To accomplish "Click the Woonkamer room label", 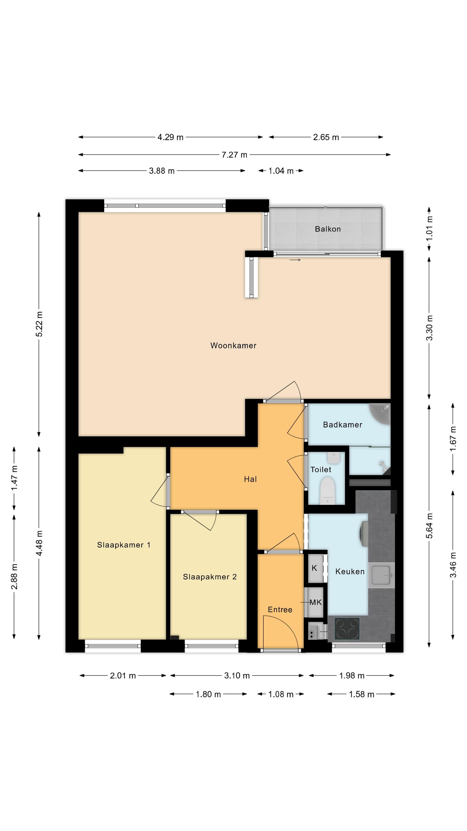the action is (233, 345).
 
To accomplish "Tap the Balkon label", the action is (328, 229).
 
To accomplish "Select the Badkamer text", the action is (343, 425).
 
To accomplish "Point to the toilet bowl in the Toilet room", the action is (328, 491).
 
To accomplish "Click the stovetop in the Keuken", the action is (347, 629).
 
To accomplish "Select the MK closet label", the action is (315, 602).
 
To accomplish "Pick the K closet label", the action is (315, 568).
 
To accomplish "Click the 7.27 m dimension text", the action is (234, 155).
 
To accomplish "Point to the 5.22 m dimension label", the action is (39, 324).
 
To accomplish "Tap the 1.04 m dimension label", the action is (281, 171).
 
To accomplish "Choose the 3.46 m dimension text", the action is (453, 565).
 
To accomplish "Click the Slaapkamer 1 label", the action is (124, 545).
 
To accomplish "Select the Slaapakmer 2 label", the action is (210, 577).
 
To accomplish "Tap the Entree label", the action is (280, 610).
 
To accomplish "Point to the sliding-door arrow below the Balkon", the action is (295, 260).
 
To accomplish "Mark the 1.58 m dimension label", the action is (362, 694).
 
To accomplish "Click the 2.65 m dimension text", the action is (326, 137).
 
